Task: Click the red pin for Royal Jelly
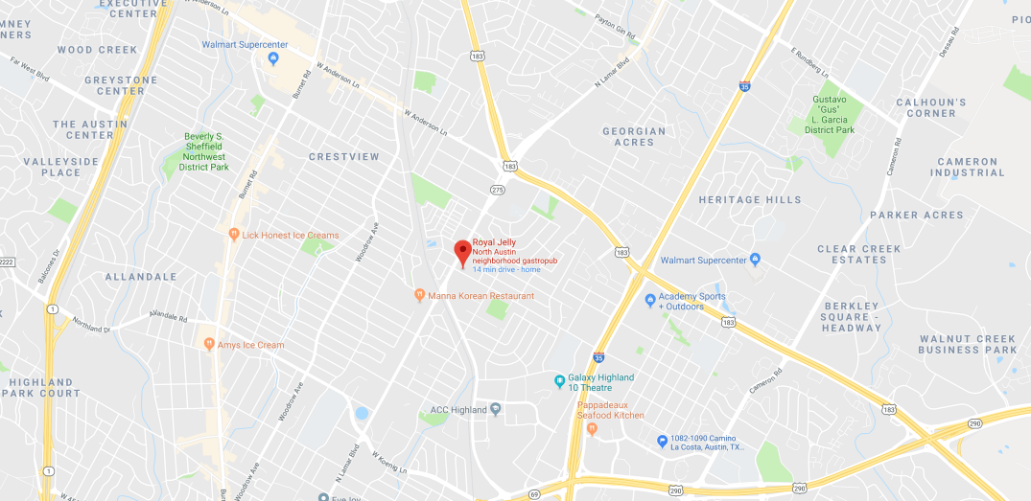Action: point(461,252)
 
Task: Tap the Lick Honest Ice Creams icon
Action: point(233,234)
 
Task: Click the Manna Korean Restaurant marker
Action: point(419,295)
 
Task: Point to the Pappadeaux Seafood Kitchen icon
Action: point(592,428)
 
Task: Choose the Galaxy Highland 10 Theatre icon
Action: point(559,382)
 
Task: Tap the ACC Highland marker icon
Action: point(495,410)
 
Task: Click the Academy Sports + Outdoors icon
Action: point(650,301)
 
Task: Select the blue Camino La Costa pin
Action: point(662,441)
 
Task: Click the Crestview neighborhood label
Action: point(343,156)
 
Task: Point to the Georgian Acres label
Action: point(634,137)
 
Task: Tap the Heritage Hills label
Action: point(749,200)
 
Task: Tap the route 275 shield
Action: point(496,191)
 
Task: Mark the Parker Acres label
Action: point(916,216)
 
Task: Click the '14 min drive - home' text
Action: point(505,269)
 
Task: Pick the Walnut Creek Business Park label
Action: point(967,344)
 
